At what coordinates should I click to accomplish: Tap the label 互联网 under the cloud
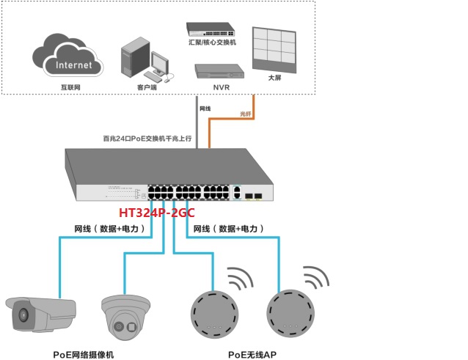[70, 87]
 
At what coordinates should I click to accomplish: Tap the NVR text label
[222, 87]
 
